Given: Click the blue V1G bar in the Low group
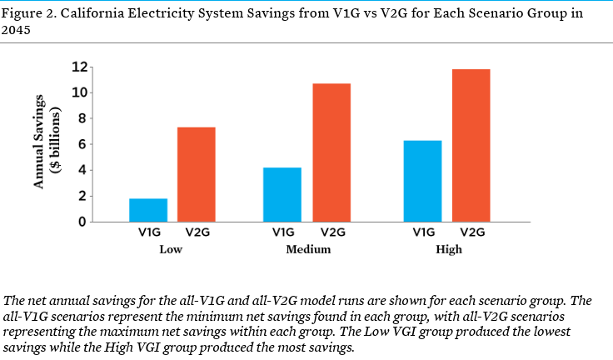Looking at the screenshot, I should [x=148, y=210].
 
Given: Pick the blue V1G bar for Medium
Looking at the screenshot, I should [x=282, y=194].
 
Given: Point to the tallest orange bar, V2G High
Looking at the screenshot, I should [x=471, y=145].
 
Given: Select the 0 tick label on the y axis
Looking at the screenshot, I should [x=82, y=222].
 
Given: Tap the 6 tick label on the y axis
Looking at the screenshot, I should [x=82, y=144].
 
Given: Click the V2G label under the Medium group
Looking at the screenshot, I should [x=331, y=233].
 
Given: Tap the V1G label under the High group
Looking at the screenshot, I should [x=422, y=233].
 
